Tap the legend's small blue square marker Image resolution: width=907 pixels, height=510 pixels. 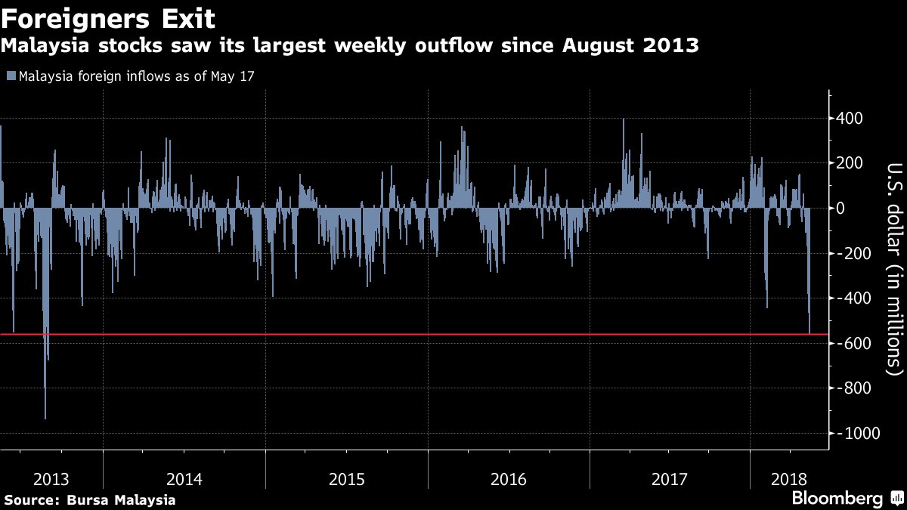tap(11, 76)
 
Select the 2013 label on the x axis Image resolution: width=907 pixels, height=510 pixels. tap(51, 479)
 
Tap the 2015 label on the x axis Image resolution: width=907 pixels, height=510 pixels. tap(347, 479)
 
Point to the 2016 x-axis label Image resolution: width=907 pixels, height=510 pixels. tap(509, 479)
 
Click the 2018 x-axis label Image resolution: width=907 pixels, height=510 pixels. tap(789, 479)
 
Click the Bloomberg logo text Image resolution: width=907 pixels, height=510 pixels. tap(837, 499)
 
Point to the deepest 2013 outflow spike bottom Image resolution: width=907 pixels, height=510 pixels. tap(45, 416)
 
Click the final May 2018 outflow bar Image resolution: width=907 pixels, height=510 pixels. tap(809, 325)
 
